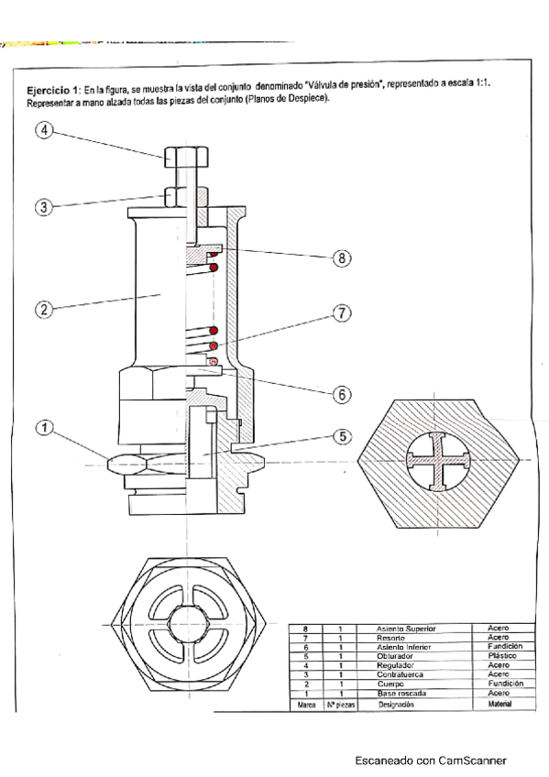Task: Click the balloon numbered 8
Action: coord(341,258)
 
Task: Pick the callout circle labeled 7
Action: coord(341,314)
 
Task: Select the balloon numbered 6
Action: coord(341,394)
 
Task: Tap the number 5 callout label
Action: coord(341,437)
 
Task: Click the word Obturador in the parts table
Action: coord(395,656)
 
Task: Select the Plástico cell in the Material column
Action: coord(500,656)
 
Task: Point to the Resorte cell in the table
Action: coord(391,637)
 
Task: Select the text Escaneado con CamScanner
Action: coord(431,760)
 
